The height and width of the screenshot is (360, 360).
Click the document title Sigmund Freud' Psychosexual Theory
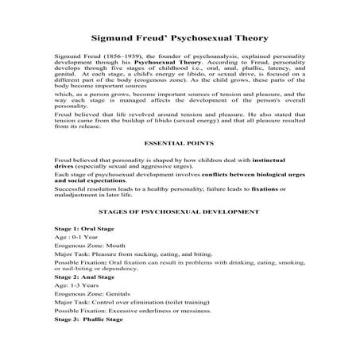tap(179, 37)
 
